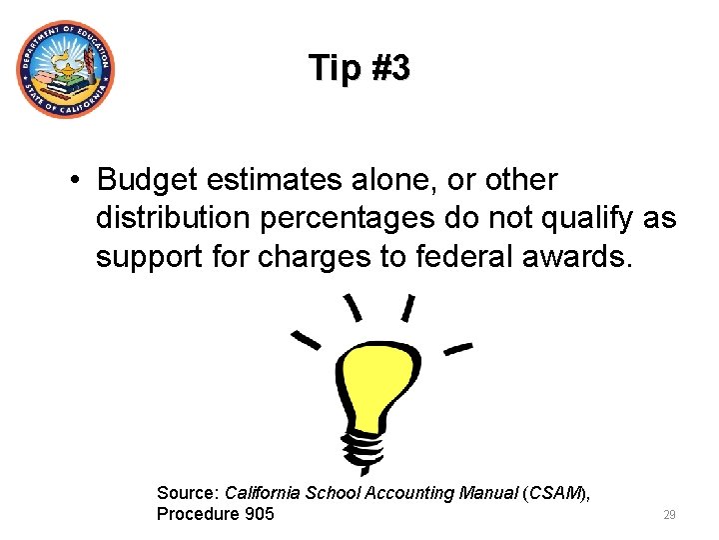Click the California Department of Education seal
coord(65,70)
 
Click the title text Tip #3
coord(359,68)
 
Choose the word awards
coord(583,257)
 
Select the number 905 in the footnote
coord(258,514)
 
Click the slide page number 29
coord(669,515)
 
